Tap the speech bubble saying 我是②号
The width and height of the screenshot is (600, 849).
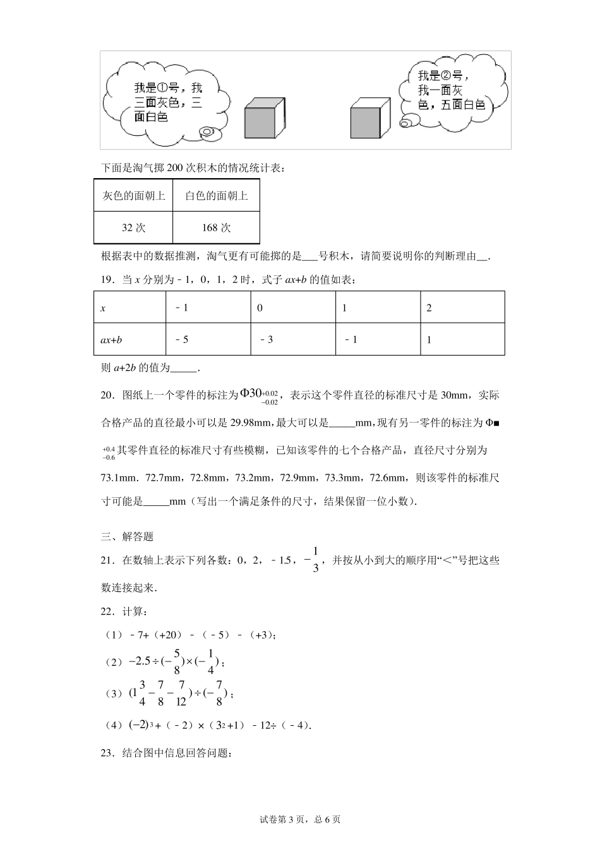452,92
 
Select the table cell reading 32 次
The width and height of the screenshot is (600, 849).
133,228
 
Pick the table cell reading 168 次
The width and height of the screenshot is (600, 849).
216,228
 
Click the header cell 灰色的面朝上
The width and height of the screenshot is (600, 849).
133,196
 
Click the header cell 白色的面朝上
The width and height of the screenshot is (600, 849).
216,196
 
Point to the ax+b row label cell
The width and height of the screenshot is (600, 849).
129,339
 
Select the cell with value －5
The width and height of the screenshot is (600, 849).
208,339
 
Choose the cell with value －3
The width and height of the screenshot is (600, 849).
293,339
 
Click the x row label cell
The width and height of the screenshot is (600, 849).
129,308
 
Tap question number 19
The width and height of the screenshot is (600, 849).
107,280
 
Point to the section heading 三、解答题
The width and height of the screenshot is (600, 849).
128,537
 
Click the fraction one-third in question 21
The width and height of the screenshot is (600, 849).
315,559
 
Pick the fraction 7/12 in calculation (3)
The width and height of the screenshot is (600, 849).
181,693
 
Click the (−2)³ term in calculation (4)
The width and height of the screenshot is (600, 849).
140,725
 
